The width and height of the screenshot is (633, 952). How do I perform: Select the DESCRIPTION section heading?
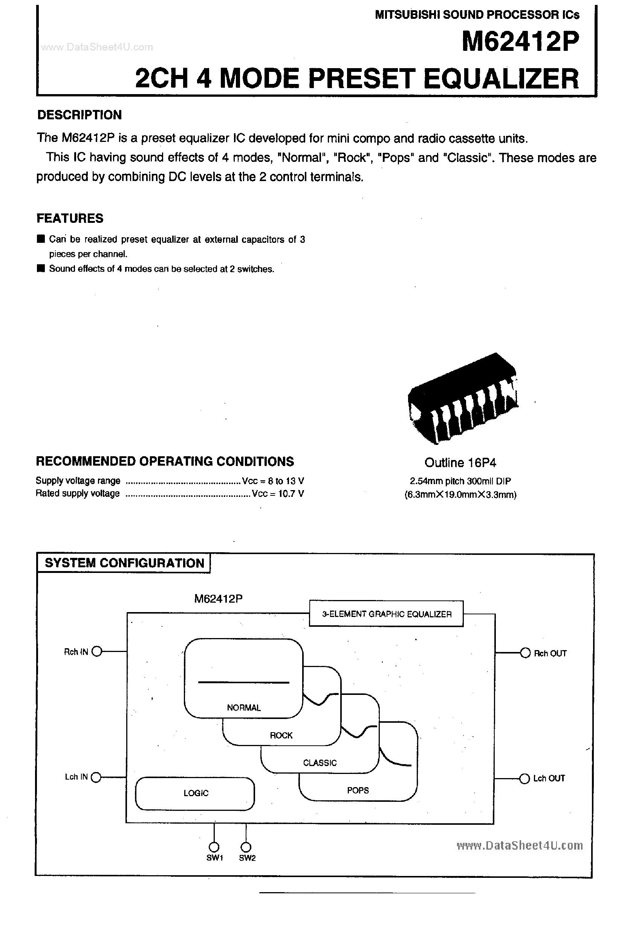(79, 115)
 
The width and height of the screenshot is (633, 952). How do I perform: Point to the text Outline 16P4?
(460, 463)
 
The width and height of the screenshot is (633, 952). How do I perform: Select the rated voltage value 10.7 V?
(288, 494)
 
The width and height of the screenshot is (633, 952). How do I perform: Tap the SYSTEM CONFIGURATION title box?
(124, 563)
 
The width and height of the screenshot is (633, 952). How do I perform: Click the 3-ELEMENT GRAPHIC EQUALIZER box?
(386, 614)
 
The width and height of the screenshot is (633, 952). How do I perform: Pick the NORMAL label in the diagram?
(243, 708)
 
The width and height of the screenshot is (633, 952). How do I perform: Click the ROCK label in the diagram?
(281, 736)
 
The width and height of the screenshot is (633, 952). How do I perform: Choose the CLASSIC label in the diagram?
(320, 763)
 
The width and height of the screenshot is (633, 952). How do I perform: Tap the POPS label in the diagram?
(358, 790)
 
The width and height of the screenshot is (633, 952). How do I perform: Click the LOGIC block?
(196, 793)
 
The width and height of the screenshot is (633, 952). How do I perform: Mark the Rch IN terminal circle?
(97, 652)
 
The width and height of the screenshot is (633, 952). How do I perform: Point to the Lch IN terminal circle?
(96, 777)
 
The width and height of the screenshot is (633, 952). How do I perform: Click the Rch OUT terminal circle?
(525, 653)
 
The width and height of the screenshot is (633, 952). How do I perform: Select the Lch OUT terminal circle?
(524, 778)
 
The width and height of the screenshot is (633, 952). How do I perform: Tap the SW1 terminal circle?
(214, 847)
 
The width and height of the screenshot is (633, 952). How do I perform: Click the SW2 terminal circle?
(246, 847)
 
